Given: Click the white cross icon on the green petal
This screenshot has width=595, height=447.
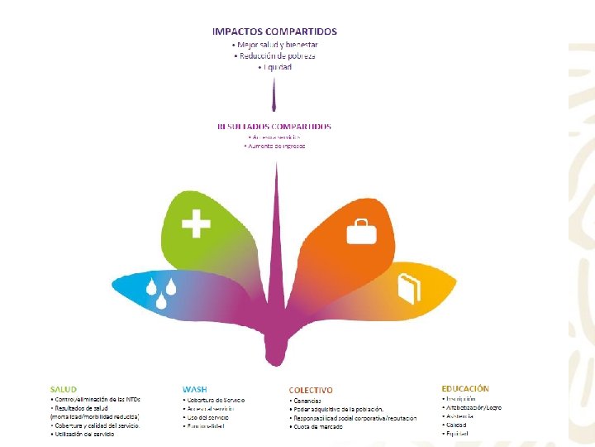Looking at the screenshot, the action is [196, 223].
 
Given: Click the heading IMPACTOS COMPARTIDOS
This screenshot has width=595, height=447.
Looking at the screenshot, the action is [274, 31].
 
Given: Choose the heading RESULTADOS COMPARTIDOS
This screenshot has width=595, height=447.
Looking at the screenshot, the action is [274, 127].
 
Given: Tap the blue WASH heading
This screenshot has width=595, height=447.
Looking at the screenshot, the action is [194, 389].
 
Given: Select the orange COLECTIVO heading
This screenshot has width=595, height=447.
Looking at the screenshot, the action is [311, 390].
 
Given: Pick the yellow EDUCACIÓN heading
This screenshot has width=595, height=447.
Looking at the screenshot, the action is [465, 388].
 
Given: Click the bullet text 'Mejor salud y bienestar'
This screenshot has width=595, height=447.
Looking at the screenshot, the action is [277, 45].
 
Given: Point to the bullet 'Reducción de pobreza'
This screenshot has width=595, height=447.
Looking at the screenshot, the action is [277, 55].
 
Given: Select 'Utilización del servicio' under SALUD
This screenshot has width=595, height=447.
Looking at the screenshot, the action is [83, 434].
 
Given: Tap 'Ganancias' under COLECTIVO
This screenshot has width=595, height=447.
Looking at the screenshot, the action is [307, 401].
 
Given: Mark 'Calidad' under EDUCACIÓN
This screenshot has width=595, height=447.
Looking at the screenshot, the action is [457, 425].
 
